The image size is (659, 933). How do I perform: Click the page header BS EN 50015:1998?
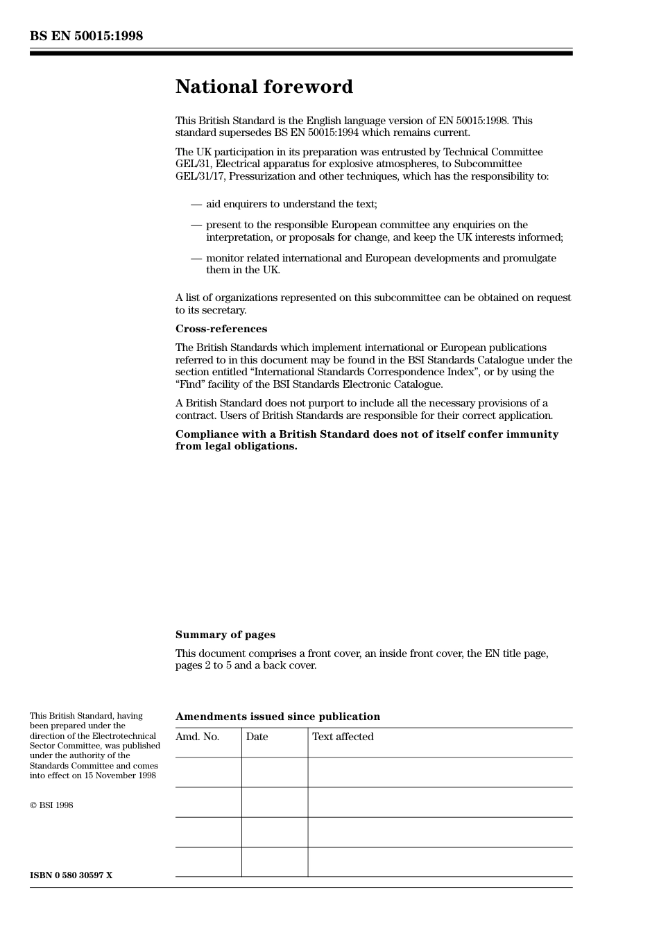[x=86, y=36]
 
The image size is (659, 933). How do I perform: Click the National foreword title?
[x=264, y=87]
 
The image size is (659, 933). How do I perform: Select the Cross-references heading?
[x=221, y=329]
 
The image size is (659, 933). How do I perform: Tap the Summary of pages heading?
[x=225, y=635]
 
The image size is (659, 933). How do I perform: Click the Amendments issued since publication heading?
[x=277, y=717]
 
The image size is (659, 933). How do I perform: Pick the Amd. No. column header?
[x=198, y=737]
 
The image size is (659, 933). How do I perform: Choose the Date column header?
[x=257, y=737]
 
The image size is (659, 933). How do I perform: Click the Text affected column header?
[x=343, y=737]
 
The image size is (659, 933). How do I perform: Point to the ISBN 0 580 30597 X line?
[x=71, y=875]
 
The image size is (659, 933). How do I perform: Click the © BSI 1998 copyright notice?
[x=51, y=805]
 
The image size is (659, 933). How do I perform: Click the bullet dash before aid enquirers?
[x=196, y=204]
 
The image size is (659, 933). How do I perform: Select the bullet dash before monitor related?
[x=196, y=258]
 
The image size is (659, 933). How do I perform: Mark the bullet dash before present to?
[x=196, y=225]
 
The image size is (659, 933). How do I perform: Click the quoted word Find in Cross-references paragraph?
[x=190, y=384]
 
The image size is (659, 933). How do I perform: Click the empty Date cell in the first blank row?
[x=275, y=772]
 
